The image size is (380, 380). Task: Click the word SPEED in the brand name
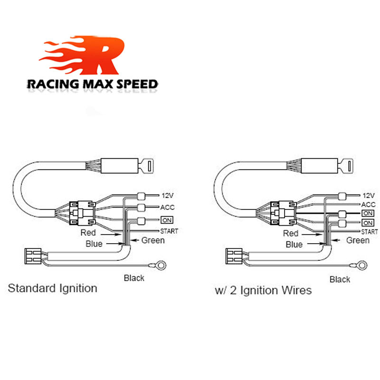coord(137,85)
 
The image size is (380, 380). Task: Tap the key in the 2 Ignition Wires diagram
coord(350,167)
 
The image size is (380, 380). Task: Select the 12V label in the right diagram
coord(369,195)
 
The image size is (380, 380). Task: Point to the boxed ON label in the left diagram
coord(167,220)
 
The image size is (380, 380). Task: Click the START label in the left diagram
coord(170,231)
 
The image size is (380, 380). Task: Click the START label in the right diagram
coord(370,232)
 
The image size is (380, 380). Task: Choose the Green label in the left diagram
coord(153,240)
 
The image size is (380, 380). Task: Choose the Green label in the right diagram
coord(357,240)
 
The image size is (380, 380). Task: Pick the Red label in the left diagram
coord(88,233)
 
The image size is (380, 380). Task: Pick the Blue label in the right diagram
coord(294,245)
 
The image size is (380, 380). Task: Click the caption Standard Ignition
coord(53,288)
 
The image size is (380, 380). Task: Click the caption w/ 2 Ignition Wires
coord(263,290)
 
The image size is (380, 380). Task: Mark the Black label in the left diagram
coord(134,278)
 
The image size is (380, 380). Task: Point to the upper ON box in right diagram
coord(368,213)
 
